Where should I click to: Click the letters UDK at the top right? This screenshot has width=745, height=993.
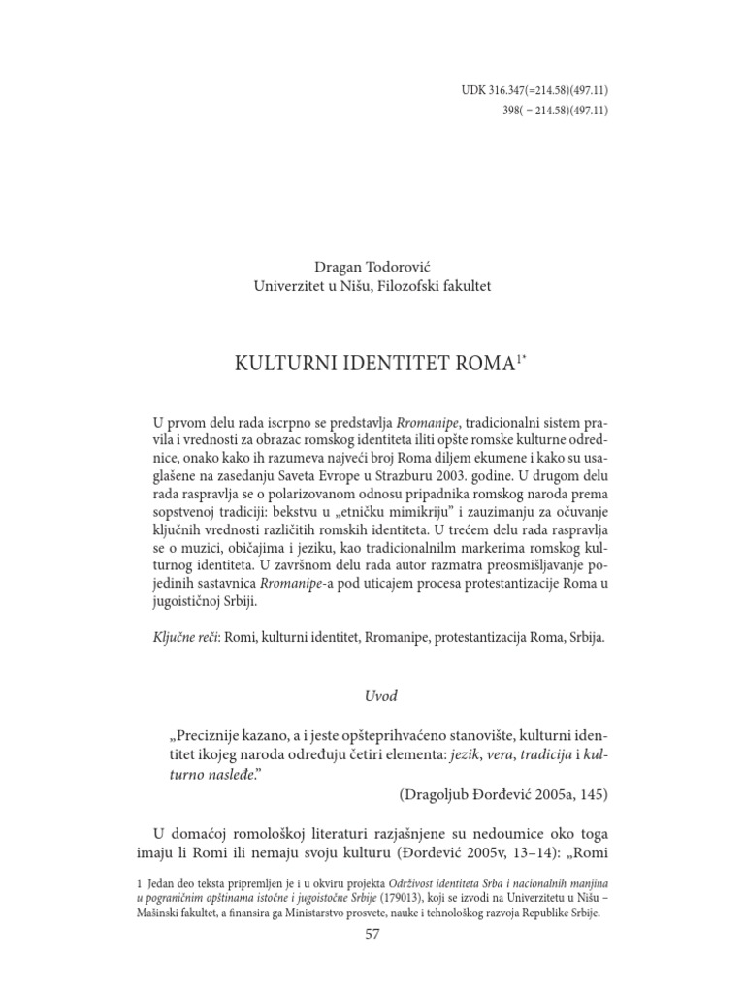click(472, 91)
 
